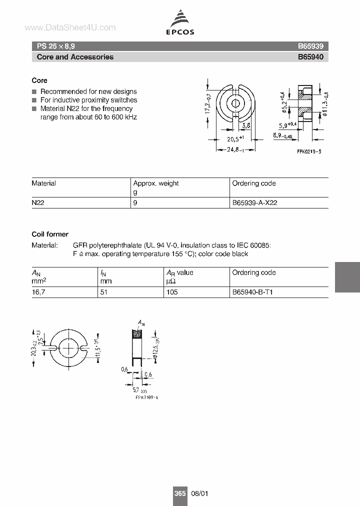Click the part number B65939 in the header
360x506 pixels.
coord(310,45)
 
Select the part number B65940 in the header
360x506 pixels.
coord(310,57)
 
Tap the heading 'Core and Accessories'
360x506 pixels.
coord(75,57)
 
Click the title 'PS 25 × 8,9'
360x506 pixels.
coord(56,45)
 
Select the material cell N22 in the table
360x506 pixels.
coord(38,203)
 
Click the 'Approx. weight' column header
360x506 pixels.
coord(155,183)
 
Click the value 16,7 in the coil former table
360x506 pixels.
coord(38,292)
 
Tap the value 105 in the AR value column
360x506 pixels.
coord(172,292)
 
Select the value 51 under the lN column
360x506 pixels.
coord(103,292)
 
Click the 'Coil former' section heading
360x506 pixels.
coord(50,234)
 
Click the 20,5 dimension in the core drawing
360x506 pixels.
coord(234,139)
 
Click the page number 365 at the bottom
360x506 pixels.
coord(180,493)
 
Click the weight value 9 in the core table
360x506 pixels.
coord(135,203)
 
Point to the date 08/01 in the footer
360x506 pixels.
coord(199,493)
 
